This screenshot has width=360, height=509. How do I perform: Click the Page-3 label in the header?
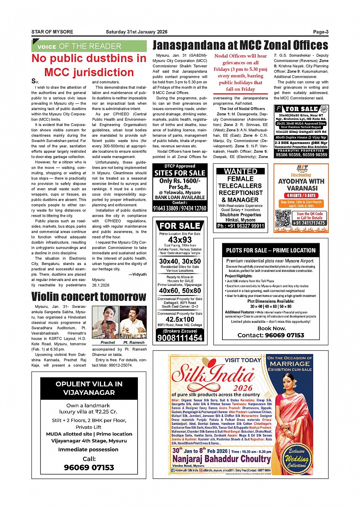320,32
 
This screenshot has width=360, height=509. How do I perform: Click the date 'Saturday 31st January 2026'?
136,32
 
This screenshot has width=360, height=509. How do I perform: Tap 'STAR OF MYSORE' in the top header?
52,32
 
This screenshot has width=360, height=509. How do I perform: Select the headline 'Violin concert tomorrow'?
89,297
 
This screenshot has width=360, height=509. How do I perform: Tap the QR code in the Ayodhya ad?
283,218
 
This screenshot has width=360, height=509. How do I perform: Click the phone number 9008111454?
180,338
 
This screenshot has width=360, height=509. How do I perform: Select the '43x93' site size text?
180,240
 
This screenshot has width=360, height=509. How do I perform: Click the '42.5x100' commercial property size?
180,319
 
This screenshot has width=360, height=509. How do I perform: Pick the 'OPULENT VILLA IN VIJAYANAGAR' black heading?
89,388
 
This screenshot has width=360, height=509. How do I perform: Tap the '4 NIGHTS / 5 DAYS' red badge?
301,195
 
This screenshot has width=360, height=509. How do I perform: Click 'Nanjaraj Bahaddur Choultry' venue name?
221,459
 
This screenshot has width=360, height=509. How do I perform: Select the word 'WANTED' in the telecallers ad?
240,171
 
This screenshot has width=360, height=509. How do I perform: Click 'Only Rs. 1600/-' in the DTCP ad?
180,181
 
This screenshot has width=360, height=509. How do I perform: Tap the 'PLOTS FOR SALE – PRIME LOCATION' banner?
270,250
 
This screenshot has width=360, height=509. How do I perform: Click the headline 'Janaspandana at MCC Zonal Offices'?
240,45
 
